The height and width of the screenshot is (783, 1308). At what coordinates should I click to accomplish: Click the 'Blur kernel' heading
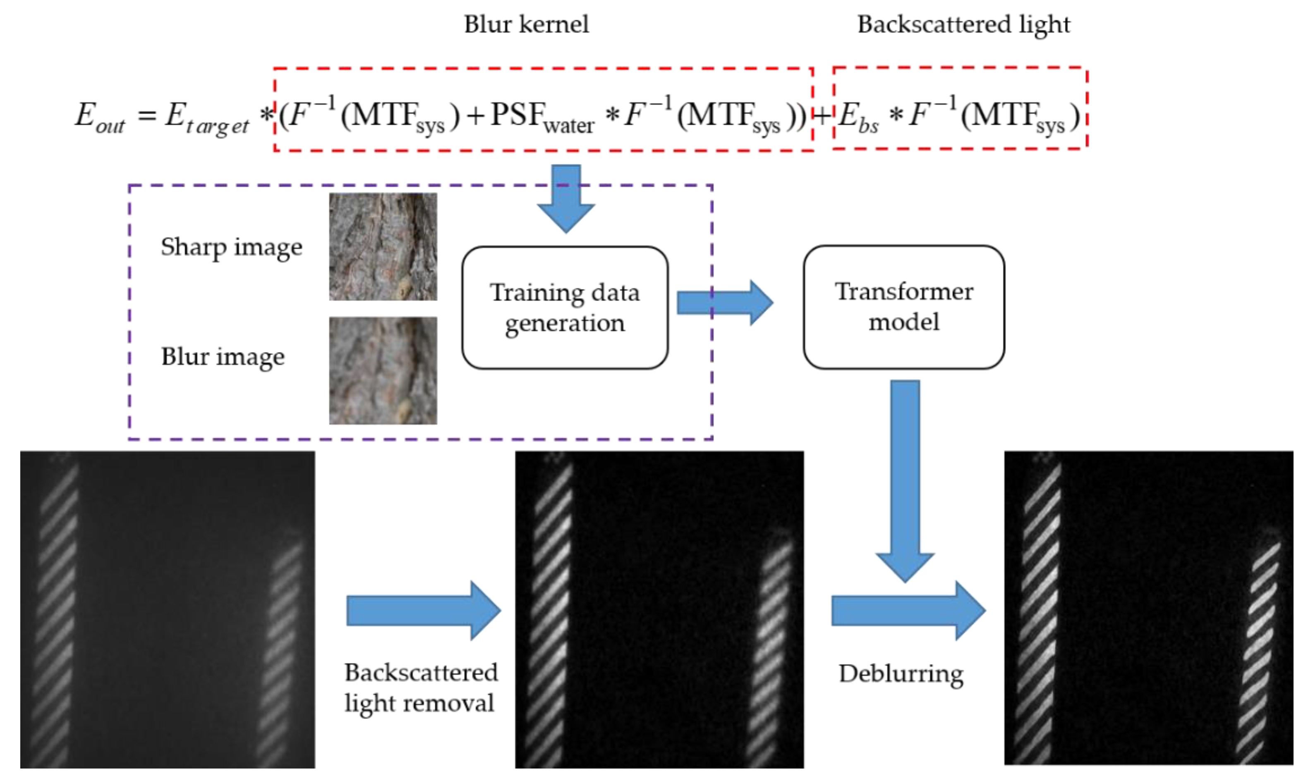[x=526, y=24]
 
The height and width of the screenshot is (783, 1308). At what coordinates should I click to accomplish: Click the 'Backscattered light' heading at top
[x=963, y=24]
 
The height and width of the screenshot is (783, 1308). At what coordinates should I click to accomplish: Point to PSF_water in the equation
[x=541, y=117]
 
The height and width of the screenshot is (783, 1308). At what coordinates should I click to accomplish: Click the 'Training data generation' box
[x=565, y=308]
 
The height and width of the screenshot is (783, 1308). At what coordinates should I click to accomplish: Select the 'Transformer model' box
[x=904, y=307]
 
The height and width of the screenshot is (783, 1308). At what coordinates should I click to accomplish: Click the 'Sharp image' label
[x=231, y=247]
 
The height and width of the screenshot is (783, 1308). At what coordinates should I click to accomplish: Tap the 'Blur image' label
[x=223, y=357]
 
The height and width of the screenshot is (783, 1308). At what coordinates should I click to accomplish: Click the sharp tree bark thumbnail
[x=383, y=246]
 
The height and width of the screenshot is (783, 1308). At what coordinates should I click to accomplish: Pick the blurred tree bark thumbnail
[x=383, y=370]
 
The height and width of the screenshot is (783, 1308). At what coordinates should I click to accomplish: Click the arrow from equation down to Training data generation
[x=566, y=198]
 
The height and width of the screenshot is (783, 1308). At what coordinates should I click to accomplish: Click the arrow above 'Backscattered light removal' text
[x=422, y=611]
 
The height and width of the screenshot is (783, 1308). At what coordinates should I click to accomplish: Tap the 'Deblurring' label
[x=901, y=674]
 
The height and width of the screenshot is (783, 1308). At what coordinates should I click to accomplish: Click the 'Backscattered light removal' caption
[x=420, y=688]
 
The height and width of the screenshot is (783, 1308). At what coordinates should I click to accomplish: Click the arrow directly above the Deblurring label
[x=908, y=611]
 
